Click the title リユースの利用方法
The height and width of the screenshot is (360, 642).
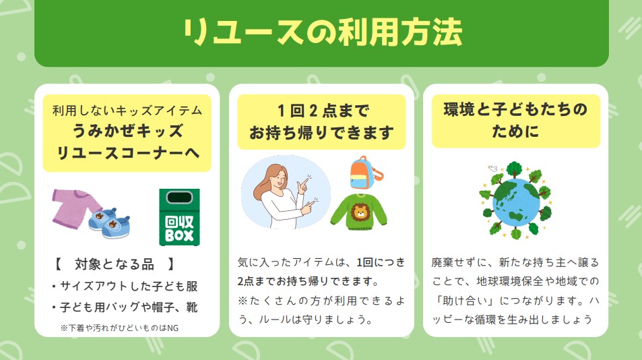click(x=323, y=32)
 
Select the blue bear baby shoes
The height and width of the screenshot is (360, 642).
click(x=109, y=222)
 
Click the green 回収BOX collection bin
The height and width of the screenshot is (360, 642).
click(x=179, y=217)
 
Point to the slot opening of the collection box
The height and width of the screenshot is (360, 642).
click(x=179, y=198)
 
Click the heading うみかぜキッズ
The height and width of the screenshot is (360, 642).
click(x=127, y=131)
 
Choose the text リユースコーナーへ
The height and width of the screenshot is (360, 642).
click(x=127, y=153)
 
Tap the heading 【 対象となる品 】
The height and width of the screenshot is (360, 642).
click(x=115, y=264)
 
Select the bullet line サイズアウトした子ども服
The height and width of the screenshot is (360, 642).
click(x=125, y=286)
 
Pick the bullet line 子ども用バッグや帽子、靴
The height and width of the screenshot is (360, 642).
click(x=125, y=307)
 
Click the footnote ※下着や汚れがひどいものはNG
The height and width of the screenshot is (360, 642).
click(x=119, y=328)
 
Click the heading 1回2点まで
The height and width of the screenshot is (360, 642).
click(x=323, y=111)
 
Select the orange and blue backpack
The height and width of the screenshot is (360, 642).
click(x=366, y=172)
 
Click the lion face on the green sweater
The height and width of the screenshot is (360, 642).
click(x=360, y=212)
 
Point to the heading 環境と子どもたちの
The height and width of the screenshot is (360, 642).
click(x=516, y=109)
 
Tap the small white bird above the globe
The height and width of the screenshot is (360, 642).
click(x=492, y=169)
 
